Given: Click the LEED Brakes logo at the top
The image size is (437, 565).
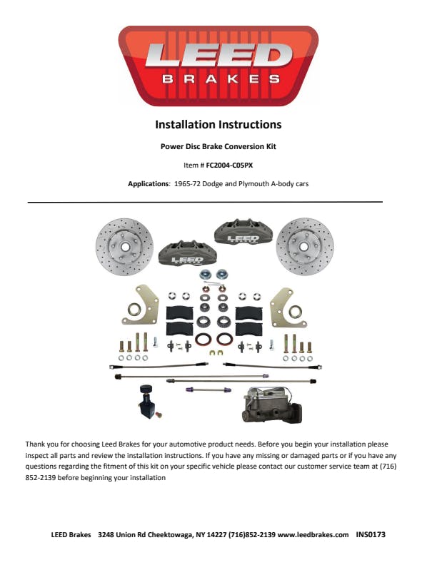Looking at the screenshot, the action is pos(218,66).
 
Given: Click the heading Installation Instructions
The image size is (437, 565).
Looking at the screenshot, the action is pos(218,125).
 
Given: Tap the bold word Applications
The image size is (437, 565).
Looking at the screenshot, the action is pos(149,184).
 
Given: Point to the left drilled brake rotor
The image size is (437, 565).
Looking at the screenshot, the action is pos(124,247).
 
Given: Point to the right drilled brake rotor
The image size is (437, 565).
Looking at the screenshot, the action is pos(305,247).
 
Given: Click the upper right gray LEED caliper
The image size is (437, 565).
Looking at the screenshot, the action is pos(243,232).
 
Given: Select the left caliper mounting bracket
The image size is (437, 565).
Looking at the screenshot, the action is pos(141,305).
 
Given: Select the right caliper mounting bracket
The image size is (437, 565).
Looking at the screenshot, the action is pos(288,307).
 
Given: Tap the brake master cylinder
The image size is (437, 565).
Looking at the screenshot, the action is pos(272,405).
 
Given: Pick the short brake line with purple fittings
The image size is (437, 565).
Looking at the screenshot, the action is pos(209,390).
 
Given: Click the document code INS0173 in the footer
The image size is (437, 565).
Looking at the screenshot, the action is pos(371,534).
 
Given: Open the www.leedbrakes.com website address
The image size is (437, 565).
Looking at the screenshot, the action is pos(313,534).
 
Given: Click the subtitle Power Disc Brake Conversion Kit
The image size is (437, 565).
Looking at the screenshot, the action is pos(218,147).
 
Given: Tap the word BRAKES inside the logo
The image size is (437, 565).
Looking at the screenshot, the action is pos(221,79).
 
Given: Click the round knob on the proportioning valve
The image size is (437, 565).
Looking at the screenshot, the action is pos(146,390).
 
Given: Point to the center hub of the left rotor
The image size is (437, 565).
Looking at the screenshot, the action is pos(125,247).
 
